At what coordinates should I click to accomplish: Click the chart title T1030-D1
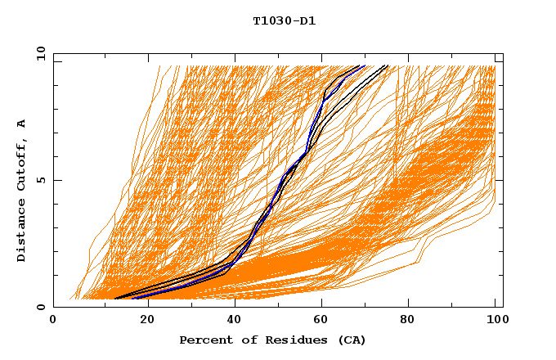[284, 21]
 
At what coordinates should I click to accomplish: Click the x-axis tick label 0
[53, 320]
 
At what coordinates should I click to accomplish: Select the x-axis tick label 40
[235, 320]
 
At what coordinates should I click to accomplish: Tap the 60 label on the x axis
[323, 320]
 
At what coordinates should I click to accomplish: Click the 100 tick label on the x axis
[496, 320]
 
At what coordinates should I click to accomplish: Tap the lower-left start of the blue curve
[132, 298]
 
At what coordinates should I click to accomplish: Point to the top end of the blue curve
[364, 66]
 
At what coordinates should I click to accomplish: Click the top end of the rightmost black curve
[388, 66]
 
